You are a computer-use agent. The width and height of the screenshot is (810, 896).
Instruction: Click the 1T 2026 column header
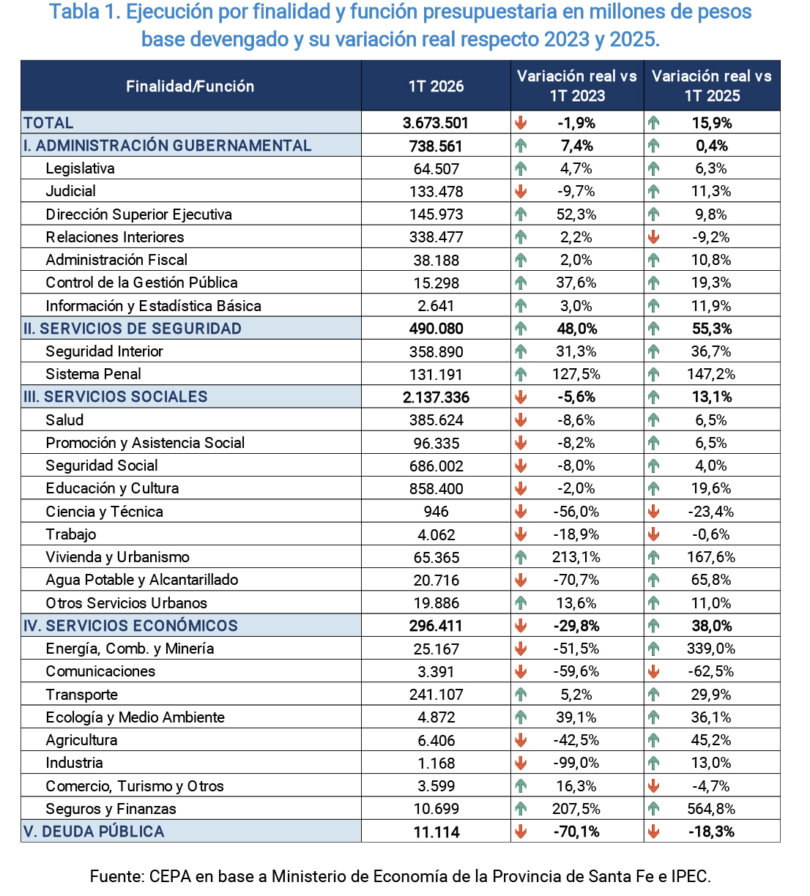click(436, 86)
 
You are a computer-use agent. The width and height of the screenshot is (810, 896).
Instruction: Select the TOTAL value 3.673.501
click(436, 123)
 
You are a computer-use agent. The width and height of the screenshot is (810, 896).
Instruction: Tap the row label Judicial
click(70, 191)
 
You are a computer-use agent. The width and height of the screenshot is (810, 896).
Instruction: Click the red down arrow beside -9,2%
click(653, 236)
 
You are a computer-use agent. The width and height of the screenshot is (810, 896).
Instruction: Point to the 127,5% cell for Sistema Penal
click(576, 374)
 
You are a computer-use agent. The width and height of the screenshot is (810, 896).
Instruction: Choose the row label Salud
click(64, 420)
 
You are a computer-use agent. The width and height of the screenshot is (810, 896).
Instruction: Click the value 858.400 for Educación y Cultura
click(436, 489)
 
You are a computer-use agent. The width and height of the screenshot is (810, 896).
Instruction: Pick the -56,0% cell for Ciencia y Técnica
click(576, 512)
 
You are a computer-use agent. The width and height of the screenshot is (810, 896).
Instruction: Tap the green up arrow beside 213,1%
click(520, 557)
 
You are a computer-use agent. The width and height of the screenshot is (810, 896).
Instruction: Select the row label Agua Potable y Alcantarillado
click(141, 580)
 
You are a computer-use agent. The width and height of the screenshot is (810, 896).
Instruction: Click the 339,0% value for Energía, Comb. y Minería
click(711, 649)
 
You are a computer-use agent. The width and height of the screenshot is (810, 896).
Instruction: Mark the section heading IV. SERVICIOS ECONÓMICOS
click(130, 626)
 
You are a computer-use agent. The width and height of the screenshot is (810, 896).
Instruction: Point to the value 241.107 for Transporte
click(436, 695)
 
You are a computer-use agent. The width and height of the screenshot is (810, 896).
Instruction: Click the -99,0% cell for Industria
click(576, 763)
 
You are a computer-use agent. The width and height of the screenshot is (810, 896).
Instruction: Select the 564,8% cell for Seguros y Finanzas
click(711, 809)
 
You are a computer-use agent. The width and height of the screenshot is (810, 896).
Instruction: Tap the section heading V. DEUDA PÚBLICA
click(94, 832)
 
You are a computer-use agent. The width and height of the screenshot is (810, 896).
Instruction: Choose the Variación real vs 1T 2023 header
click(576, 86)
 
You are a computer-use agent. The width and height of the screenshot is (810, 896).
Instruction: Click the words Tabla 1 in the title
click(85, 12)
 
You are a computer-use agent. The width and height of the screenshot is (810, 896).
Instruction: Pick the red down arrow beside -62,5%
click(653, 671)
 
